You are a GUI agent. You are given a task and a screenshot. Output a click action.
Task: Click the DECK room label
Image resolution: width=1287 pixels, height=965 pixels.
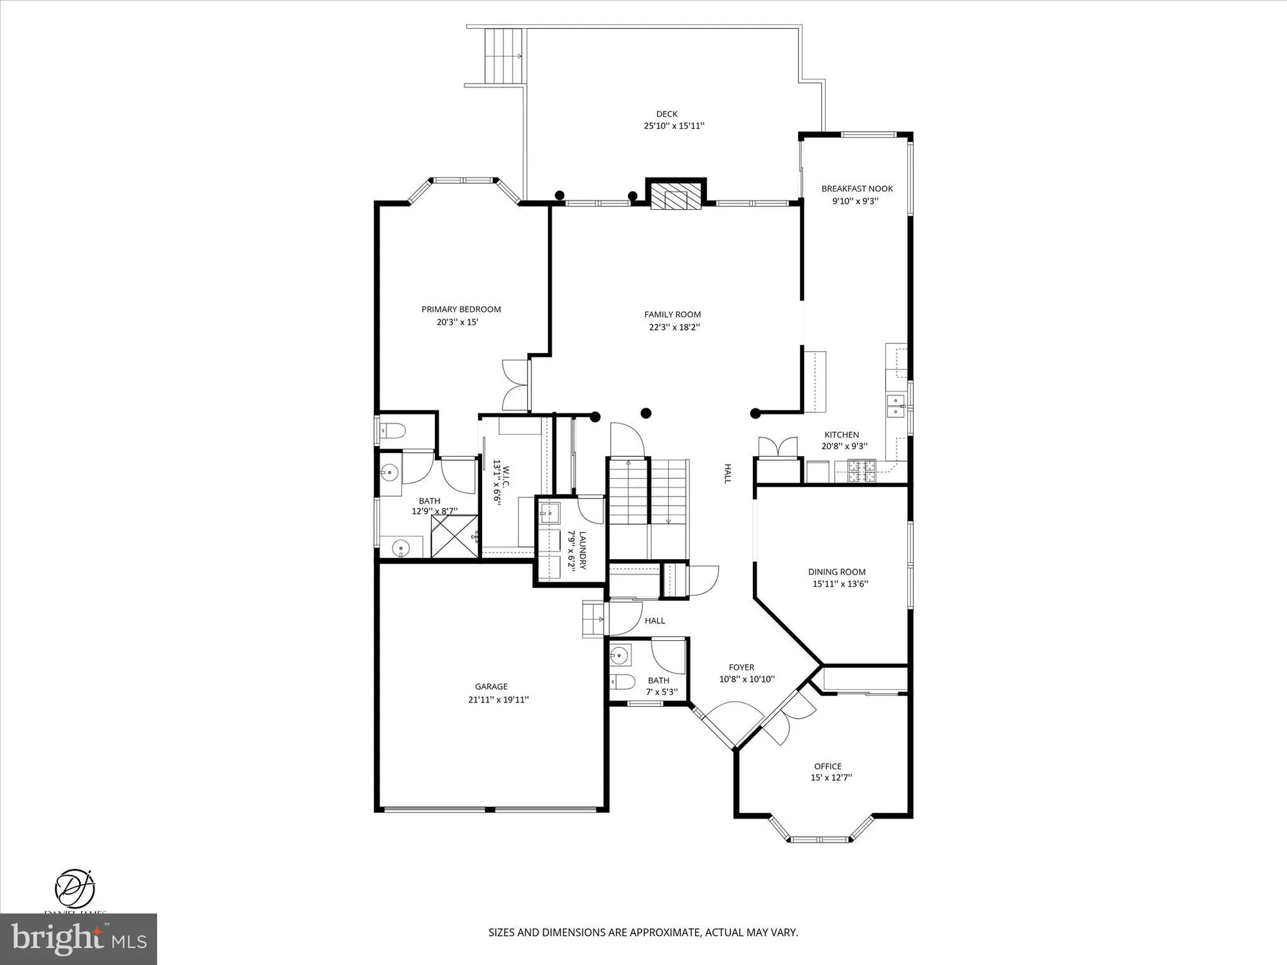point(667,115)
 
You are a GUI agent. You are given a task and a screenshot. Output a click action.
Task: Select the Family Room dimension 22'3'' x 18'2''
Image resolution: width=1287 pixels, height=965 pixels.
point(674,327)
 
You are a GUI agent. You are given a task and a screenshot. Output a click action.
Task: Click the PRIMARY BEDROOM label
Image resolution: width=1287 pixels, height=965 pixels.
point(461,309)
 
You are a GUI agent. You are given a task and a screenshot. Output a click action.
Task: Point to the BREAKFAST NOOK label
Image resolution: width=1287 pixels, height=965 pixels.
point(856,188)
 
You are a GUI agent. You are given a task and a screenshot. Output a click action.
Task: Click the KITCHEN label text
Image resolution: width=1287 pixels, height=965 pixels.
point(841,435)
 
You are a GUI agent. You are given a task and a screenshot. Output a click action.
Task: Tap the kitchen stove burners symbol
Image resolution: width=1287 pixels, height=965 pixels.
point(860,471)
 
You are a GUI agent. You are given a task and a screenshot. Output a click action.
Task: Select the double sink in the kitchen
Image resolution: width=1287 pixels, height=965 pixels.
point(895,407)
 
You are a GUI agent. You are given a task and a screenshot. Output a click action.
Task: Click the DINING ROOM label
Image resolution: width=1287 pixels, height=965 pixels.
point(837,572)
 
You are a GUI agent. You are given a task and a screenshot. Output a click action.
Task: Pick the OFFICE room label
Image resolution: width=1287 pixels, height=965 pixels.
point(828,766)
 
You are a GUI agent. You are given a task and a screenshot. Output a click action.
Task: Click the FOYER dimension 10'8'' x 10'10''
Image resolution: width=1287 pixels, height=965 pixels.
point(746,679)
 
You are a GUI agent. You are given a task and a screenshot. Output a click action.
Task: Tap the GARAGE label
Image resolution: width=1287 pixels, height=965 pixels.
point(491,686)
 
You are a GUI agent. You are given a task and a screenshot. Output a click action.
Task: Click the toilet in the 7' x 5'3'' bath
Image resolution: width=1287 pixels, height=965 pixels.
point(621,681)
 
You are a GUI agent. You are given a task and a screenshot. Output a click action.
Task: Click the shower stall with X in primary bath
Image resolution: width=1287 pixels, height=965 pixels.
point(454,536)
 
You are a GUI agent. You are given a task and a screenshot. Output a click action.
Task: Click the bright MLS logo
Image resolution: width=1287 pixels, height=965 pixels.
point(78,939)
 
